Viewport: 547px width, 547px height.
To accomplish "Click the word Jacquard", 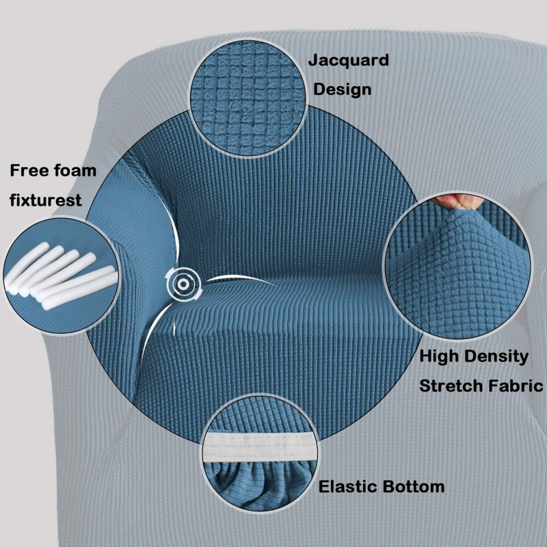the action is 348,61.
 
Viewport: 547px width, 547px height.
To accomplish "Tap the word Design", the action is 343,90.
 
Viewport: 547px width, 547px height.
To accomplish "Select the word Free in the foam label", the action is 29,170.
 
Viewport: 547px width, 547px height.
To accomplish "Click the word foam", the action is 75,170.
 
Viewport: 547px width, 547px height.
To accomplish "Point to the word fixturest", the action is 45,200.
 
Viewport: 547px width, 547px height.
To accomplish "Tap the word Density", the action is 496,357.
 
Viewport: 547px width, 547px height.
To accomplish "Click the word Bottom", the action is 413,486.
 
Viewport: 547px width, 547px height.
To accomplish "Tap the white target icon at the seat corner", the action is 183,284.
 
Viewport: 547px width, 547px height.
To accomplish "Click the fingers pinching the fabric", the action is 457,201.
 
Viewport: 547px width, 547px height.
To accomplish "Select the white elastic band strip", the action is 260,447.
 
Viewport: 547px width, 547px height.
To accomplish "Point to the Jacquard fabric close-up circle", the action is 248,98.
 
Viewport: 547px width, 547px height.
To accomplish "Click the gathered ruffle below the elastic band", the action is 260,483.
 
